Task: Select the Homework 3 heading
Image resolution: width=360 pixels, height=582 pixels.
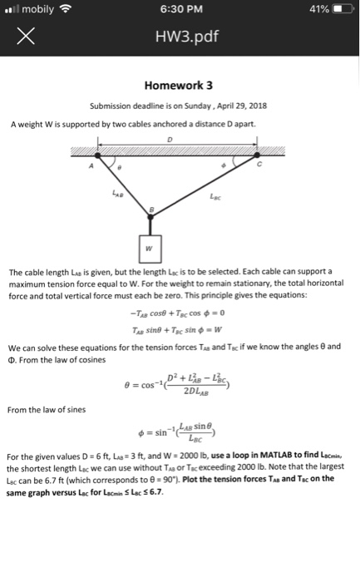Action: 179,85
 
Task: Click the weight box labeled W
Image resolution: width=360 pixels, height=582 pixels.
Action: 150,246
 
